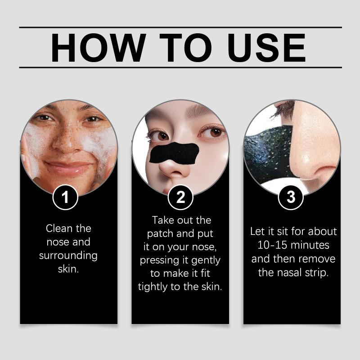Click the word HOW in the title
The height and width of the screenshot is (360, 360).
click(x=98, y=48)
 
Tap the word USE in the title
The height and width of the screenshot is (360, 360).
click(x=266, y=48)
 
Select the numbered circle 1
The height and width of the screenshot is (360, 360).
click(x=65, y=197)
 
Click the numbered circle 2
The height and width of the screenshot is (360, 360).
click(x=180, y=197)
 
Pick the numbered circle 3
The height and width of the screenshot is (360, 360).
click(x=291, y=197)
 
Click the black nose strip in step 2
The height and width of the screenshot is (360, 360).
click(x=174, y=153)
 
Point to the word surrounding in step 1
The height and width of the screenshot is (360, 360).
click(x=68, y=256)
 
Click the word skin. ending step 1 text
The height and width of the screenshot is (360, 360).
click(x=68, y=269)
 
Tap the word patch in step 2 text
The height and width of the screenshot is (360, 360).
click(x=160, y=234)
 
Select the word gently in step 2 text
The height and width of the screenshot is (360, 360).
click(x=206, y=261)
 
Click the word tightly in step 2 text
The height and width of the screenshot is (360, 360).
click(x=153, y=287)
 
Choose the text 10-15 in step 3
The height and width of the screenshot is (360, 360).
click(x=272, y=245)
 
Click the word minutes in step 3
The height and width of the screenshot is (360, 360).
click(x=310, y=245)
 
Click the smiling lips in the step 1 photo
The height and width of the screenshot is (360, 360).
click(x=69, y=167)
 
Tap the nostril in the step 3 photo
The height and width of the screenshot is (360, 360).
click(x=321, y=174)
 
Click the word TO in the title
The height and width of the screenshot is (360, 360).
click(x=185, y=48)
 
